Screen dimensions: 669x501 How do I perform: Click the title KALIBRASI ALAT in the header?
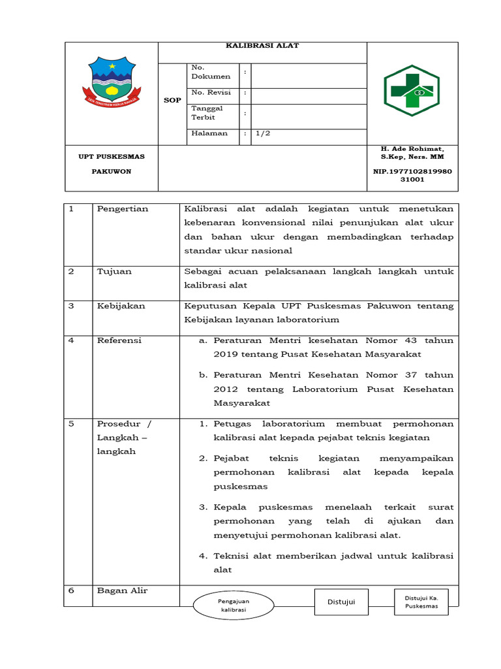click(262, 46)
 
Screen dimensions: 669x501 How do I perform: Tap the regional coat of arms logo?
click(112, 82)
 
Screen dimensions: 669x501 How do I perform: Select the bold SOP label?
click(172, 100)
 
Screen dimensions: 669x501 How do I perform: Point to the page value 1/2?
click(262, 133)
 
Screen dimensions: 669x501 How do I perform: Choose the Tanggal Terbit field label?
click(207, 113)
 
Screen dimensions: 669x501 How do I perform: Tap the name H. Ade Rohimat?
click(412, 149)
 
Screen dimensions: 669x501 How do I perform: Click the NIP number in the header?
click(412, 175)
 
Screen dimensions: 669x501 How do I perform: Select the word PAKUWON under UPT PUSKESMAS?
click(112, 171)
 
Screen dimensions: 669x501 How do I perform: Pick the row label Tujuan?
click(114, 271)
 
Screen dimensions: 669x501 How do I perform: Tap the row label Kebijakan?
click(121, 306)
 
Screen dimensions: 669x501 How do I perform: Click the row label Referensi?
click(119, 340)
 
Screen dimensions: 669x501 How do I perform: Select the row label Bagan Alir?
click(122, 591)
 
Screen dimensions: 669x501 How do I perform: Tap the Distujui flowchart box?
click(341, 602)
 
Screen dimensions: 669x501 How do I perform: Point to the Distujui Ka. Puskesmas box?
click(421, 602)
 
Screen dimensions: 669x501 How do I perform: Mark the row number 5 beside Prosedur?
click(72, 423)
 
